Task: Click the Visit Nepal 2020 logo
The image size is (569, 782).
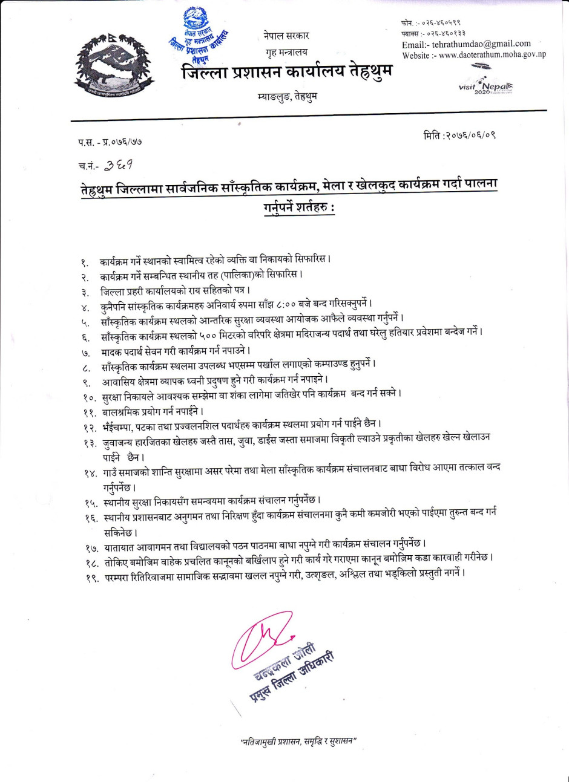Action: coord(485,85)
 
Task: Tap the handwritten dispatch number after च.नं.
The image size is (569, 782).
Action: coord(119,164)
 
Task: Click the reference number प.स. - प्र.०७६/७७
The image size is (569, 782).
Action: coord(110,142)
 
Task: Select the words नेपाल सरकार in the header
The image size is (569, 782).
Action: coord(286,36)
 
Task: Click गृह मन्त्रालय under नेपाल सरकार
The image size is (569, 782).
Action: coord(286,53)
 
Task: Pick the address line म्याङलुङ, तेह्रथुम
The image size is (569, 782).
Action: coord(287,96)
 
